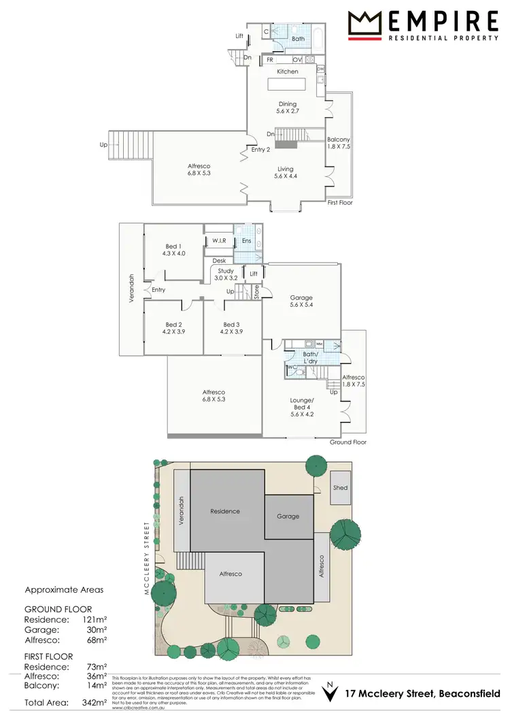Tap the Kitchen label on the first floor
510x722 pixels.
288,71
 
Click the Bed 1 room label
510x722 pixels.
173,250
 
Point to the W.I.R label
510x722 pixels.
219,240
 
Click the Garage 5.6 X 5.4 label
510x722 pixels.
301,301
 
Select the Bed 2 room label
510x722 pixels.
173,329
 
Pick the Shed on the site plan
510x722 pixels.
340,488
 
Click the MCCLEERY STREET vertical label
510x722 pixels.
146,559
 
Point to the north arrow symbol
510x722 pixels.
330,692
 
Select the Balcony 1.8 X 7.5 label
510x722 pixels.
339,143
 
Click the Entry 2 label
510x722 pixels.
261,150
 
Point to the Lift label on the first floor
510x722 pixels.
239,36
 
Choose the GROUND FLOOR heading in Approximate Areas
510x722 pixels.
58,609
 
